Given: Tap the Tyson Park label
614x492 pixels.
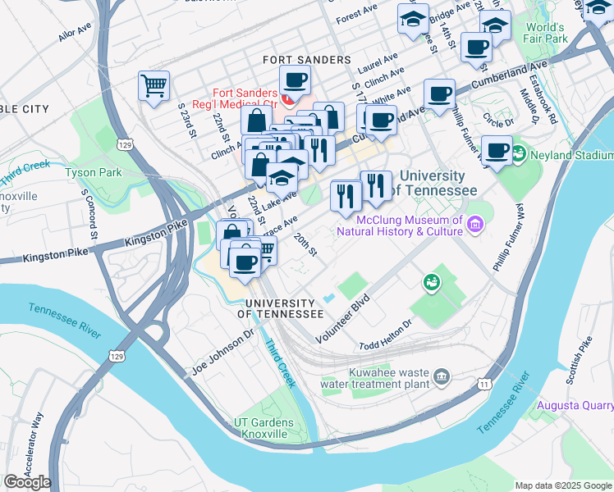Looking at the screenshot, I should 93,172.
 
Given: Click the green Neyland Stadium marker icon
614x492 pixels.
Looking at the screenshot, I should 519,153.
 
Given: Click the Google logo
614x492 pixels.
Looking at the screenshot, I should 27,482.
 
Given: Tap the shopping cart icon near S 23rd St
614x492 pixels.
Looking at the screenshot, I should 154,85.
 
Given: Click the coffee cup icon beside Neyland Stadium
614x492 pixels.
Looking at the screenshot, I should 496,148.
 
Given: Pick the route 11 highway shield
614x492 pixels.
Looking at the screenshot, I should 486,384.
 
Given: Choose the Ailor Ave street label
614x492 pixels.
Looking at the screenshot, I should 76,33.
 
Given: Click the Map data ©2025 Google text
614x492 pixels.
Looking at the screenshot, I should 562,485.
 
